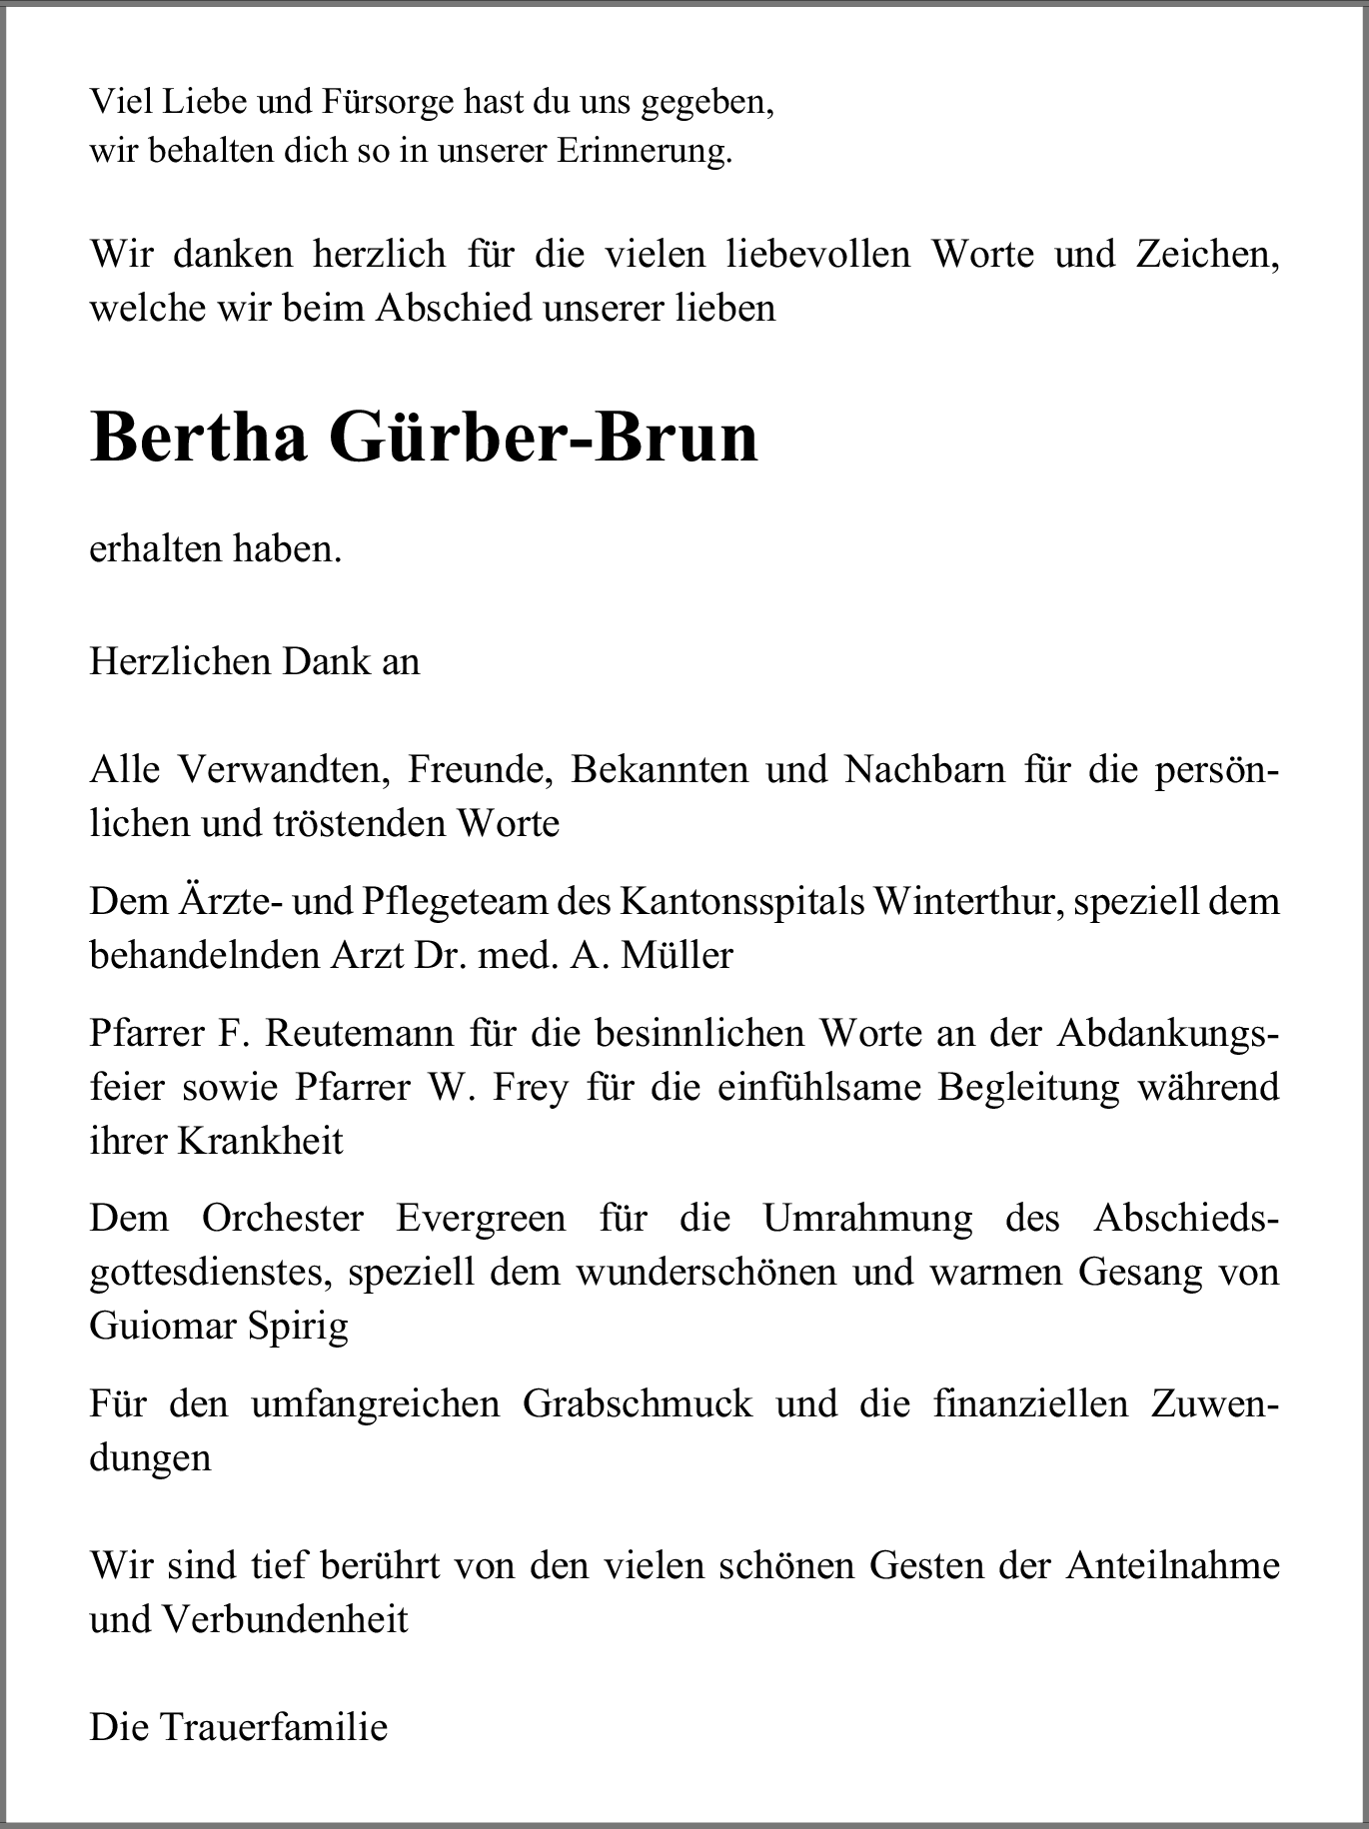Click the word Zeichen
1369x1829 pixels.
(x=1207, y=255)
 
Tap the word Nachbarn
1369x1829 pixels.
(x=924, y=771)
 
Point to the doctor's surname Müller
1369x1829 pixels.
(x=677, y=956)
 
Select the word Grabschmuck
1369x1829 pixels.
(x=638, y=1404)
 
